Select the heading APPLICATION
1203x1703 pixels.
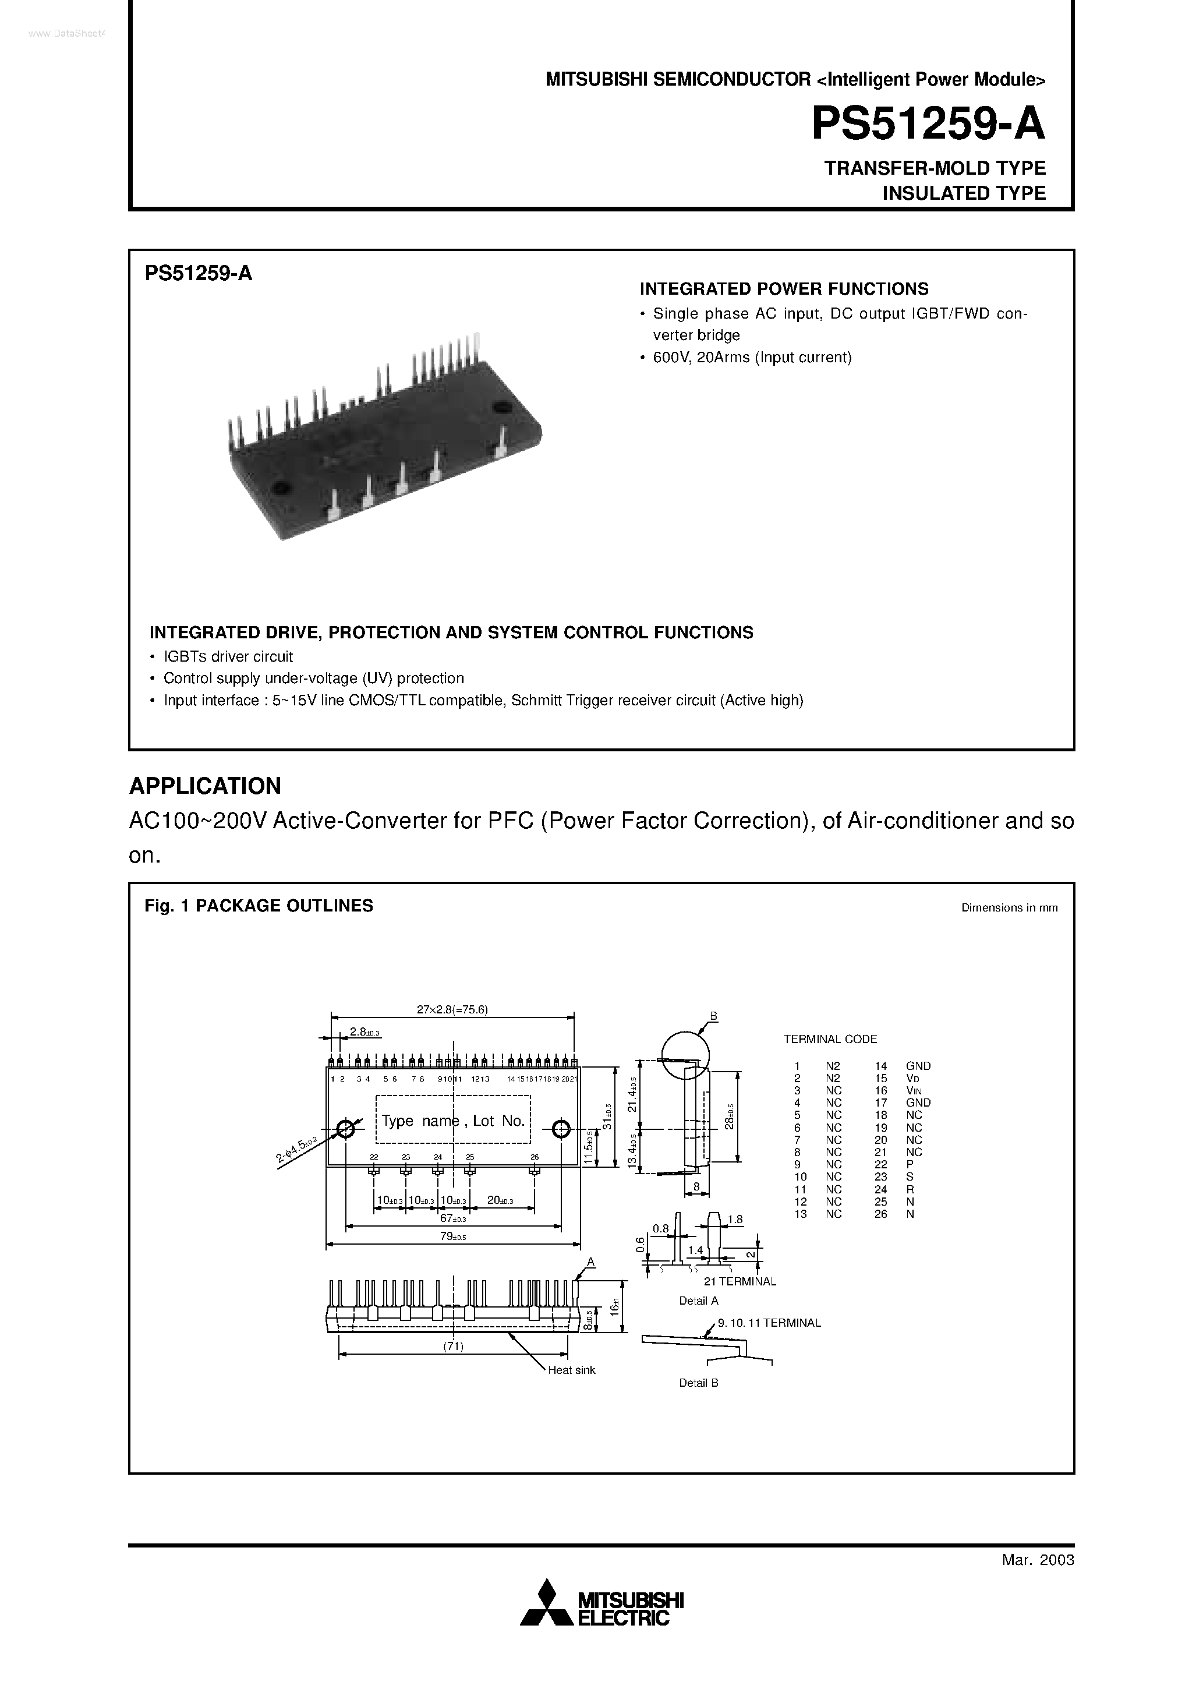[x=206, y=786]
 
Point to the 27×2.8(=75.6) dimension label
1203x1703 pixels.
[x=452, y=1009]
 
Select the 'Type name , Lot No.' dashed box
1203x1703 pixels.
[x=453, y=1121]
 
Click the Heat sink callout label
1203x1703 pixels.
[x=571, y=1370]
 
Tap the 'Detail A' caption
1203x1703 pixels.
[x=699, y=1300]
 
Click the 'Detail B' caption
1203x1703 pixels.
[x=699, y=1383]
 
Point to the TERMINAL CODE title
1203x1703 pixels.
[x=830, y=1039]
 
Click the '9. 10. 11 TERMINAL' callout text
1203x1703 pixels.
[x=769, y=1323]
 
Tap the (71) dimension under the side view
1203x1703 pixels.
[x=453, y=1346]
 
